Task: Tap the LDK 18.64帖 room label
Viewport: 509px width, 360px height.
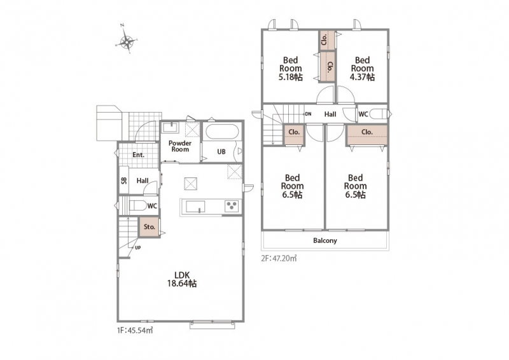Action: (x=182, y=279)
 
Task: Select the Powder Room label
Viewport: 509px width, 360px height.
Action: (x=180, y=146)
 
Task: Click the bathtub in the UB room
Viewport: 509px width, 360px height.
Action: (x=222, y=132)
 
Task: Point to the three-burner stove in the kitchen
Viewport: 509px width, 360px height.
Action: (x=232, y=206)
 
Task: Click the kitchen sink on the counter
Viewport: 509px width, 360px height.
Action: (x=195, y=207)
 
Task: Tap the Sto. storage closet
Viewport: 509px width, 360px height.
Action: (x=150, y=227)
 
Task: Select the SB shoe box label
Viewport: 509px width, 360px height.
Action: (x=124, y=181)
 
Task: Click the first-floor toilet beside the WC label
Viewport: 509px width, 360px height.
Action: (x=137, y=205)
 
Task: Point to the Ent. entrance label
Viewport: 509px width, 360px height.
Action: (x=138, y=155)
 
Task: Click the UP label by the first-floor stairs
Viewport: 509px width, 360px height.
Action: (x=137, y=247)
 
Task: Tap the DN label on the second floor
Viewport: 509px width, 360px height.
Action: (x=308, y=114)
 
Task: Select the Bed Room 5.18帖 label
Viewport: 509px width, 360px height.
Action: (x=291, y=69)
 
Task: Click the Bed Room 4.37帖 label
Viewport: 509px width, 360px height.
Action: (x=362, y=69)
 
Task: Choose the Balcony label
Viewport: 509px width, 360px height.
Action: (x=325, y=240)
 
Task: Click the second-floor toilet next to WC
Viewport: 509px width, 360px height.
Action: (x=379, y=114)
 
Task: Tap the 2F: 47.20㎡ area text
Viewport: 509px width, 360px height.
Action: (x=279, y=258)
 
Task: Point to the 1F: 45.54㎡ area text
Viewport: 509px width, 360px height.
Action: (x=135, y=331)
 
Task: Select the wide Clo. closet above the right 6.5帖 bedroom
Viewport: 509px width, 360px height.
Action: (x=367, y=135)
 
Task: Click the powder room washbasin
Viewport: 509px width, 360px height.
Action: (x=170, y=127)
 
